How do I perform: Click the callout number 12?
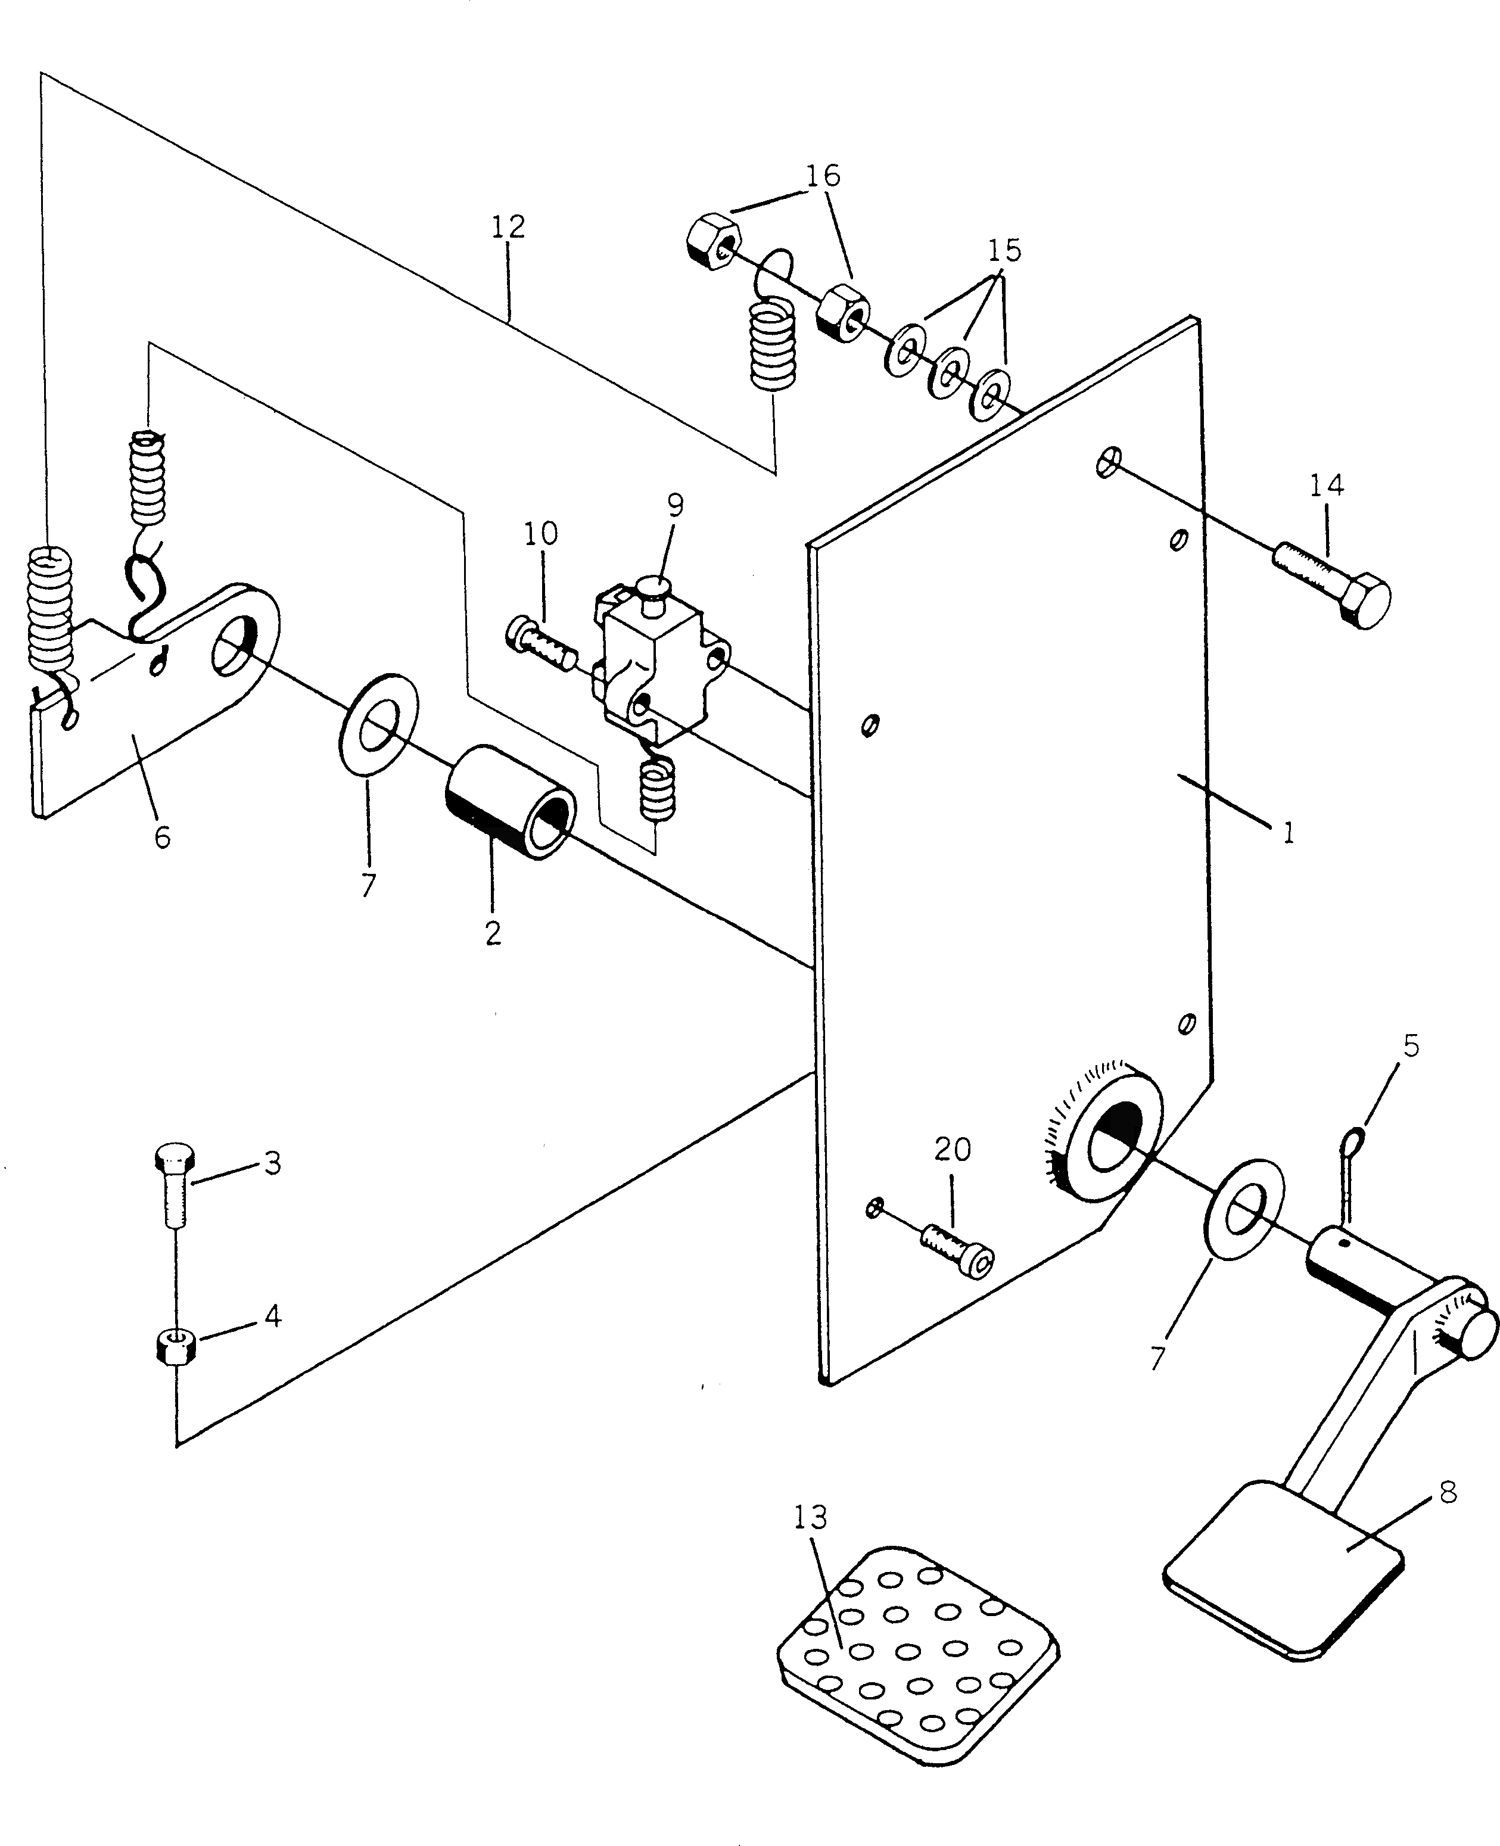point(508,227)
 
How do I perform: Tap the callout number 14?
point(1326,485)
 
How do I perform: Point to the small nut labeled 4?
point(177,1347)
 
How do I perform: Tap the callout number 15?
point(1004,251)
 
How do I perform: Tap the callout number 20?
point(952,1149)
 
